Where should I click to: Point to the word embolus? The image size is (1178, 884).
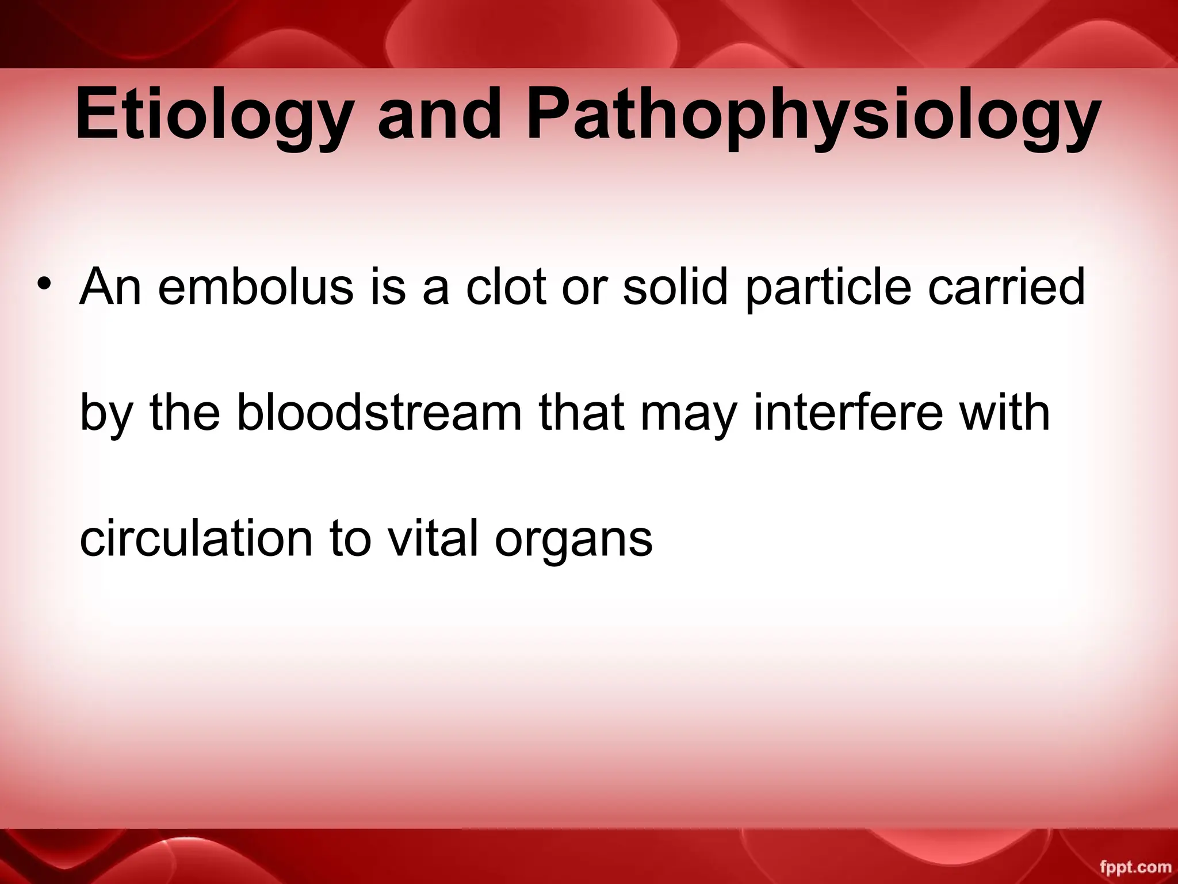(255, 287)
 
